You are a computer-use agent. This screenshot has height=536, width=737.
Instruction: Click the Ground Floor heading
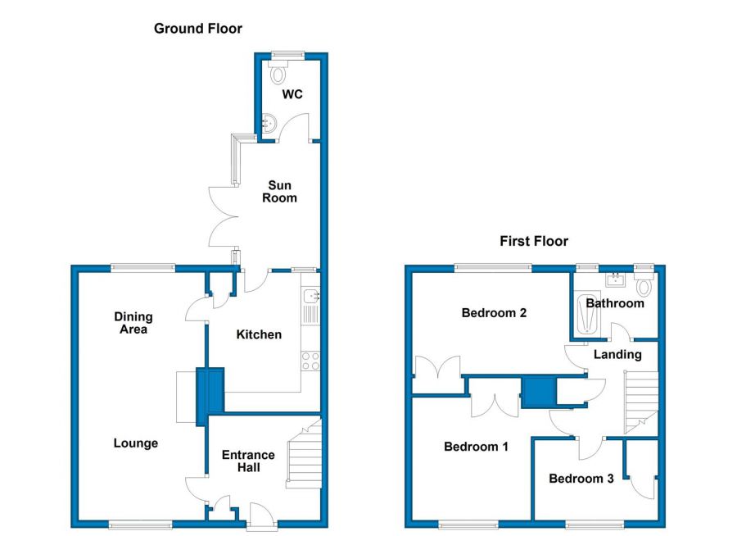click(x=198, y=29)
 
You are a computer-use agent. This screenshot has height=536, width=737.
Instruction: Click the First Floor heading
click(x=534, y=242)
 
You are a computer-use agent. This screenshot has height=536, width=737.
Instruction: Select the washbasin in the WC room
click(x=269, y=123)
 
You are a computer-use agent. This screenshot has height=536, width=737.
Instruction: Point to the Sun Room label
click(x=279, y=192)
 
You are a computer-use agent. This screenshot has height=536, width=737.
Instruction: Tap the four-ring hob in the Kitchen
click(x=310, y=361)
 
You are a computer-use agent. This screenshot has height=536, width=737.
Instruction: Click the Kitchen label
click(x=259, y=334)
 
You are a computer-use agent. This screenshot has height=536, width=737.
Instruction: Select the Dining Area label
click(x=133, y=323)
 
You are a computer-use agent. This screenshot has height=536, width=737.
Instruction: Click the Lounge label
click(x=136, y=443)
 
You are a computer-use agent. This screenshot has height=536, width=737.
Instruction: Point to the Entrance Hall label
click(x=248, y=461)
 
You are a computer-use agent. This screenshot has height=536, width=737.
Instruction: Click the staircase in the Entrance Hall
click(x=305, y=454)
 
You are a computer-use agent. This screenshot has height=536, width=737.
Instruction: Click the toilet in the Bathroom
click(x=644, y=284)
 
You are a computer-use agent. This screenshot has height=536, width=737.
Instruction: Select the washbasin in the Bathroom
click(x=615, y=280)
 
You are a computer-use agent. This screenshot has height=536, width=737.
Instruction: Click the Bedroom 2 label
click(x=494, y=313)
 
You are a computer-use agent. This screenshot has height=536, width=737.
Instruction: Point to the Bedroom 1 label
click(x=476, y=447)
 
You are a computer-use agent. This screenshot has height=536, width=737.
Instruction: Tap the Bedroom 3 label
click(x=581, y=479)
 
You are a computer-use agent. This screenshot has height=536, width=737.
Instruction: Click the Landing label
click(x=617, y=354)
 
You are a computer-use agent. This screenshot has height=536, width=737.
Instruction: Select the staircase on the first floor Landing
click(x=640, y=402)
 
